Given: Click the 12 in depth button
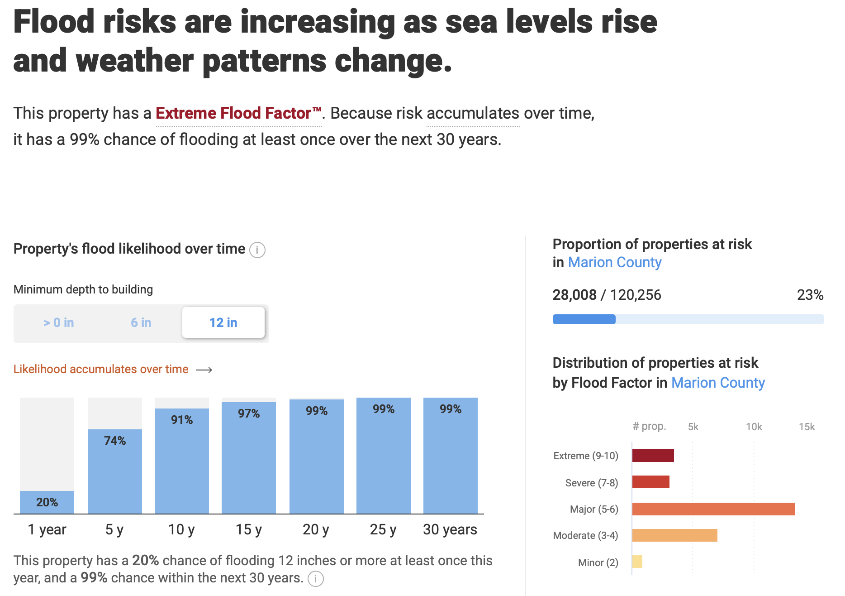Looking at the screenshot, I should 223,322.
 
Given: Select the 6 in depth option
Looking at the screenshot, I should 141,322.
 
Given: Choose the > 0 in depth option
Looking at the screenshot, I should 59,322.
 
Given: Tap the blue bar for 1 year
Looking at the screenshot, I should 47,502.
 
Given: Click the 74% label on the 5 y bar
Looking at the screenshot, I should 115,441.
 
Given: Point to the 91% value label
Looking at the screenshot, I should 182,420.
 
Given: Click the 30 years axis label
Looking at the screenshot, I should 450,529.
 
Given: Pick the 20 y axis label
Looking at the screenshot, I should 316,529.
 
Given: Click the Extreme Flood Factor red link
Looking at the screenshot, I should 238,113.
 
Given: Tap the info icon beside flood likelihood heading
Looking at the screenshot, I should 257,250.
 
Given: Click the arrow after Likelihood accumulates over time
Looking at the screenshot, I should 204,370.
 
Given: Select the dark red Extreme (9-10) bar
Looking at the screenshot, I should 653,456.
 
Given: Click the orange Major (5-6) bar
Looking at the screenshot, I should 713,509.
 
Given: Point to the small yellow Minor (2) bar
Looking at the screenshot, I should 637,562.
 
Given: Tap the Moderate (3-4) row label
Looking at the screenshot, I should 585,535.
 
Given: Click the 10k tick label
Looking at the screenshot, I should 754,427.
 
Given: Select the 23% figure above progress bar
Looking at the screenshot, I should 810,295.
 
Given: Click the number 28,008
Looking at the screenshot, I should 574,295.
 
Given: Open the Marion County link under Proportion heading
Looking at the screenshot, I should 615,262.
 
